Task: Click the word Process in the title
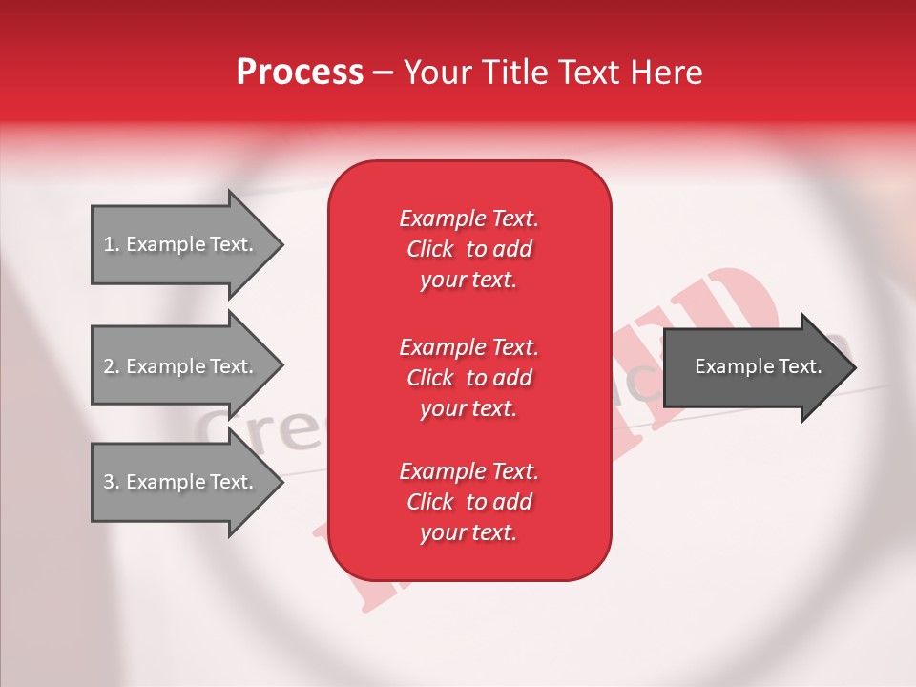click(x=300, y=73)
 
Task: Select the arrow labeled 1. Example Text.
click(x=181, y=245)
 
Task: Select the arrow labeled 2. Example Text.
click(x=181, y=366)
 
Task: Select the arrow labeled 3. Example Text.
click(x=181, y=482)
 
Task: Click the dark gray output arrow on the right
click(x=754, y=367)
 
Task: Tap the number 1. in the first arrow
click(x=112, y=245)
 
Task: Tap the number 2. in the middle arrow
click(x=112, y=366)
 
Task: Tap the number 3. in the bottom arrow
click(x=112, y=482)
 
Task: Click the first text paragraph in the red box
click(x=468, y=249)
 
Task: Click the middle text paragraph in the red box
click(x=468, y=378)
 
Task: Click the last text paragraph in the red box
click(x=468, y=502)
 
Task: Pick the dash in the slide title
click(x=384, y=73)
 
